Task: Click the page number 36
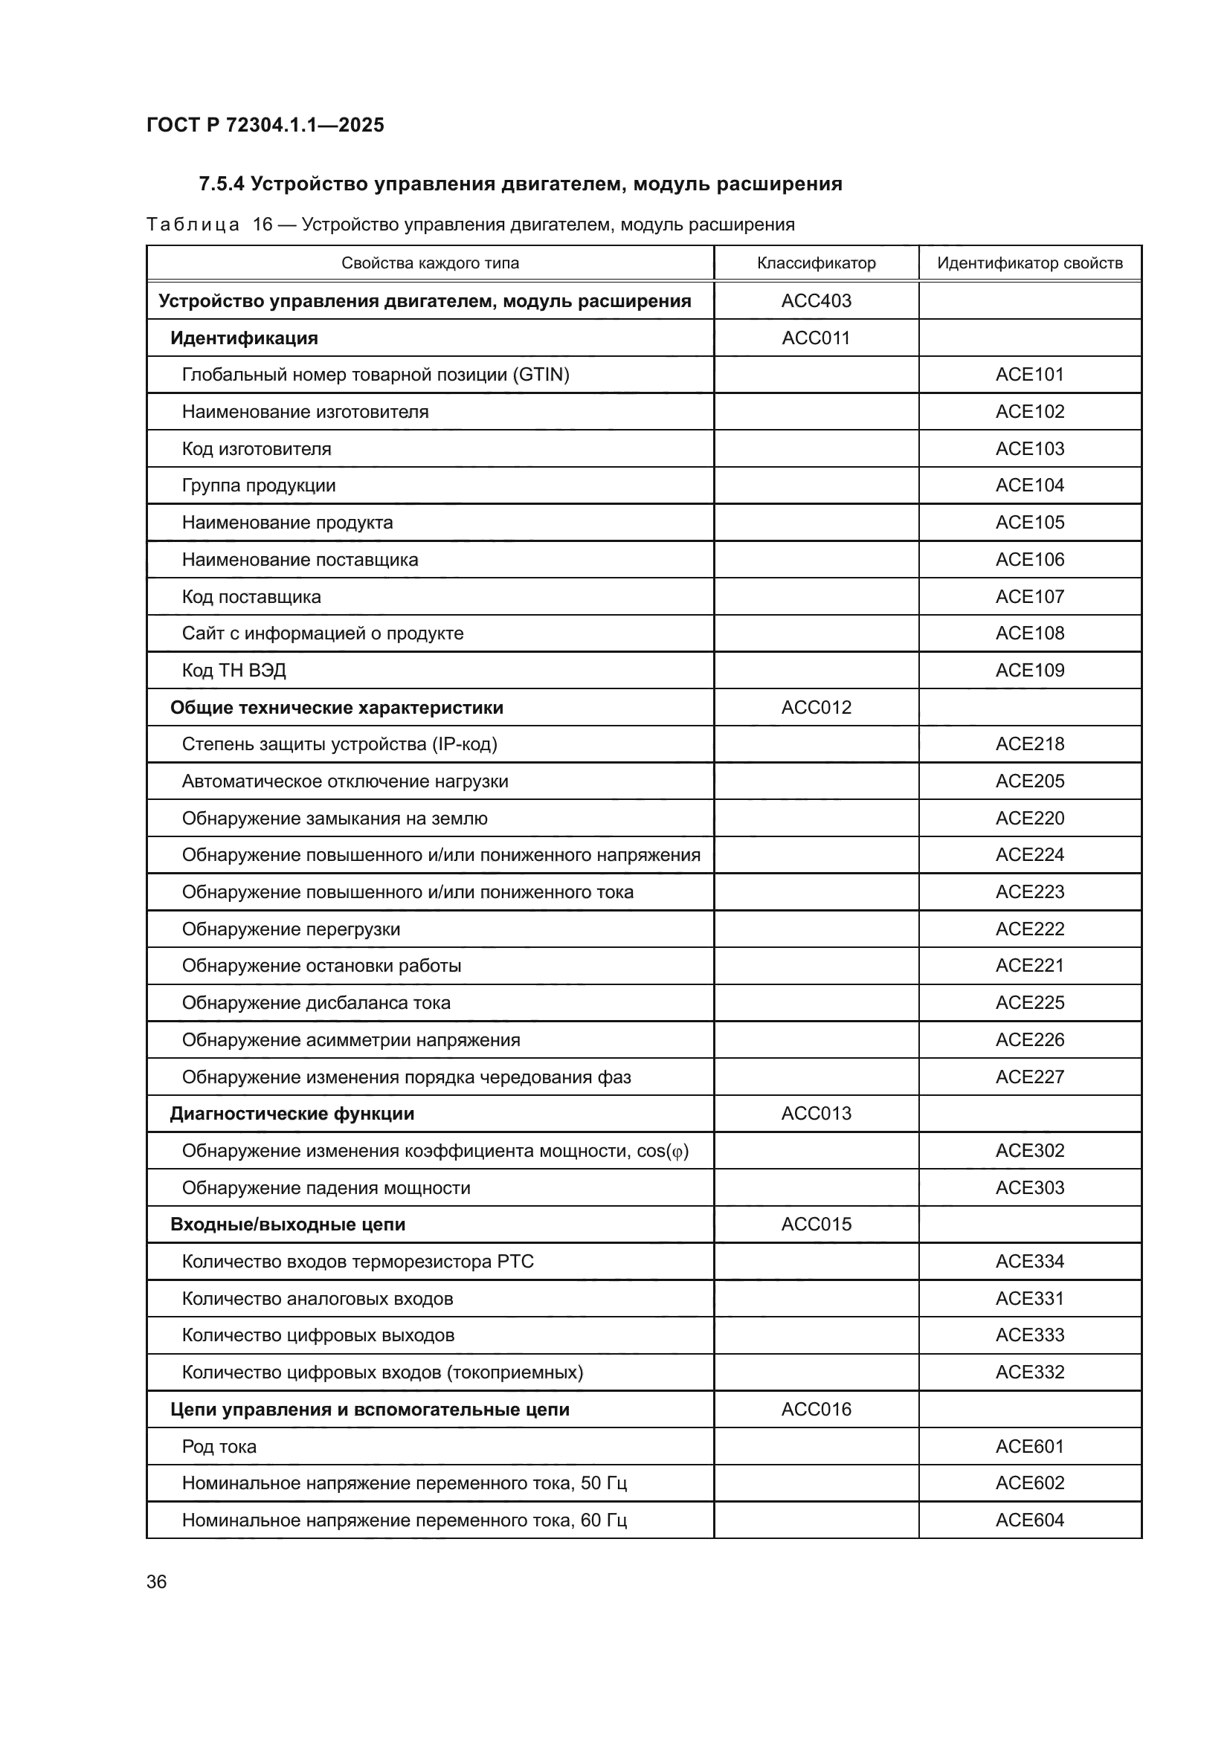(x=156, y=1581)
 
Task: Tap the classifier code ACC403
(x=816, y=300)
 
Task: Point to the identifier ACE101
(x=1029, y=374)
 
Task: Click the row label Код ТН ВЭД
(x=234, y=671)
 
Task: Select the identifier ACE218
(x=1029, y=743)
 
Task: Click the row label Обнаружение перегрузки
(x=291, y=929)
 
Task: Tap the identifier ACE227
(x=1029, y=1077)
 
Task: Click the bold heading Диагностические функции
(x=292, y=1114)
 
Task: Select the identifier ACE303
(x=1029, y=1187)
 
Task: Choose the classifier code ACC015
(x=816, y=1224)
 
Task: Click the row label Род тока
(x=219, y=1447)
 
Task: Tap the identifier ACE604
(x=1029, y=1520)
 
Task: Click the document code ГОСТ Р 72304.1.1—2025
(x=265, y=125)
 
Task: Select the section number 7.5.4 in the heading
(x=221, y=184)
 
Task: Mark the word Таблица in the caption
(x=193, y=225)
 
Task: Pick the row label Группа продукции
(x=258, y=485)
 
